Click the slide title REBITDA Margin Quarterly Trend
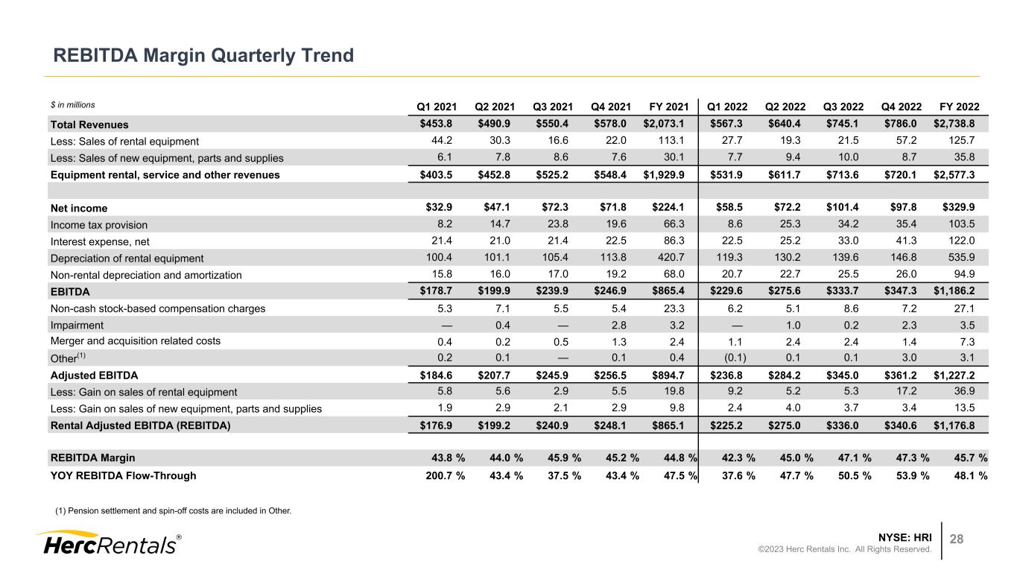coord(202,55)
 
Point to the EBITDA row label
coord(69,291)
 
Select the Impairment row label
coord(77,325)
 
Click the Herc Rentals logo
coord(107,543)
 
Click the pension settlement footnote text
coord(174,511)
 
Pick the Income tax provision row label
coord(98,225)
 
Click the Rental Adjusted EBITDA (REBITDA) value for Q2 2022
coord(792,425)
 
